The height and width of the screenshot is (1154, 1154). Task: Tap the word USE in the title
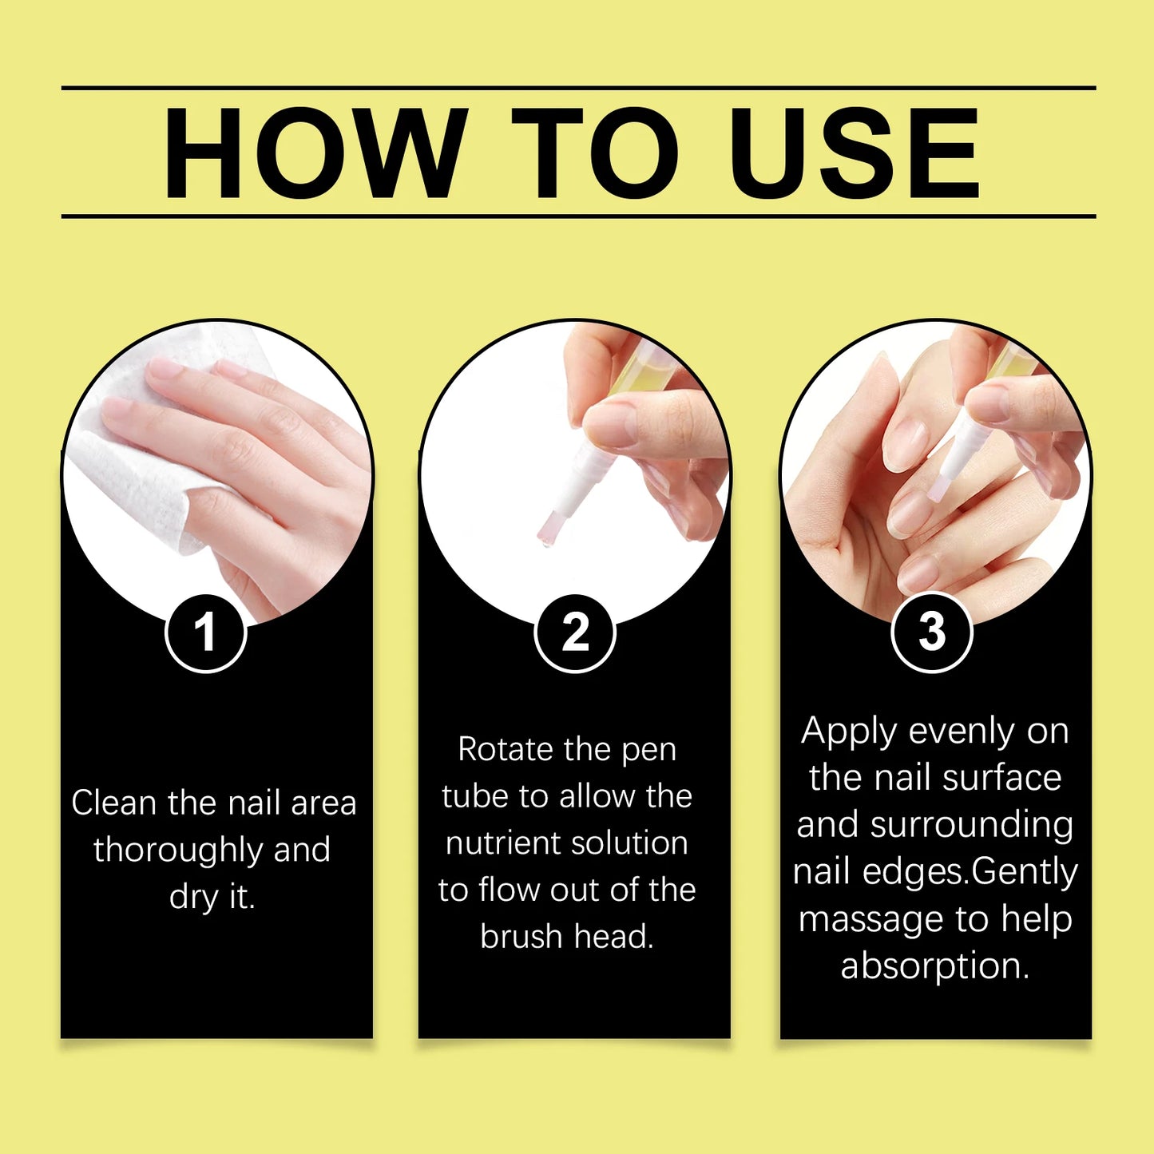click(854, 153)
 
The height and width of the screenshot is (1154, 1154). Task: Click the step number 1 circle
click(206, 633)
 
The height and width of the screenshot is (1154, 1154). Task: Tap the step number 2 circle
click(575, 633)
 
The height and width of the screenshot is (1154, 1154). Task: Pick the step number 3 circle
click(931, 633)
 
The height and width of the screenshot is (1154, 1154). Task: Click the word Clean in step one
click(115, 803)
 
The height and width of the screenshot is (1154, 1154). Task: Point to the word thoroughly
click(178, 851)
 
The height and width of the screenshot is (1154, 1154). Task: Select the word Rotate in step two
click(506, 750)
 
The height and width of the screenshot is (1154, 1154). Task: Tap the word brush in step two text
click(521, 937)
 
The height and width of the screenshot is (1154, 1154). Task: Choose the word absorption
click(934, 966)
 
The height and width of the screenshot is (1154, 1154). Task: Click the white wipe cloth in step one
click(128, 479)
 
